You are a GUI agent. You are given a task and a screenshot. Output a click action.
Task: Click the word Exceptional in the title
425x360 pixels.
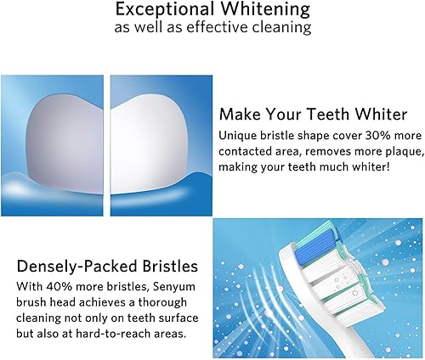click(163, 10)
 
